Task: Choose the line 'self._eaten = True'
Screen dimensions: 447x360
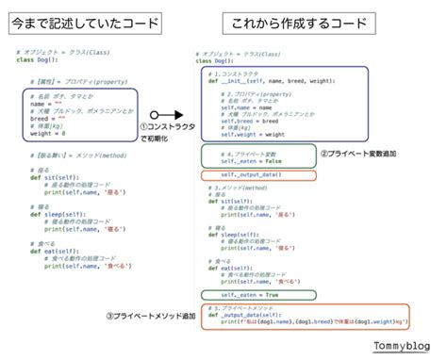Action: click(248, 295)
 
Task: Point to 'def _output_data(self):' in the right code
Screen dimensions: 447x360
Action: click(253, 314)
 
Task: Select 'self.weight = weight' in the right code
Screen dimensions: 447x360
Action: click(247, 134)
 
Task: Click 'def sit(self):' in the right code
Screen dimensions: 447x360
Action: click(231, 201)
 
